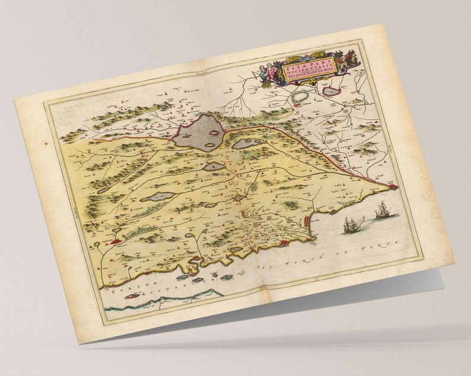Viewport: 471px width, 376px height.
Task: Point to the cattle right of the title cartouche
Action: click(351, 58)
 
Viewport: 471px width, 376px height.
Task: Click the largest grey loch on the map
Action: click(199, 133)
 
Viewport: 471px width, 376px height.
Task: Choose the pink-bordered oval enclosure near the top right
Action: click(330, 91)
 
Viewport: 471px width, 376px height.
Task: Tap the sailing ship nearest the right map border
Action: click(382, 211)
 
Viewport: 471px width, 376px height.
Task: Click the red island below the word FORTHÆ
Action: click(132, 295)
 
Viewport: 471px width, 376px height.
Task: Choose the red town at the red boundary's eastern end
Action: click(392, 187)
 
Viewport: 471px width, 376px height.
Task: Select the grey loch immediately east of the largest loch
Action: click(247, 143)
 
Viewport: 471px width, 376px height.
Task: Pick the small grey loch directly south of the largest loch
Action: click(214, 167)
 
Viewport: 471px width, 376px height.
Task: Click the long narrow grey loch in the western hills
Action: click(158, 196)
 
